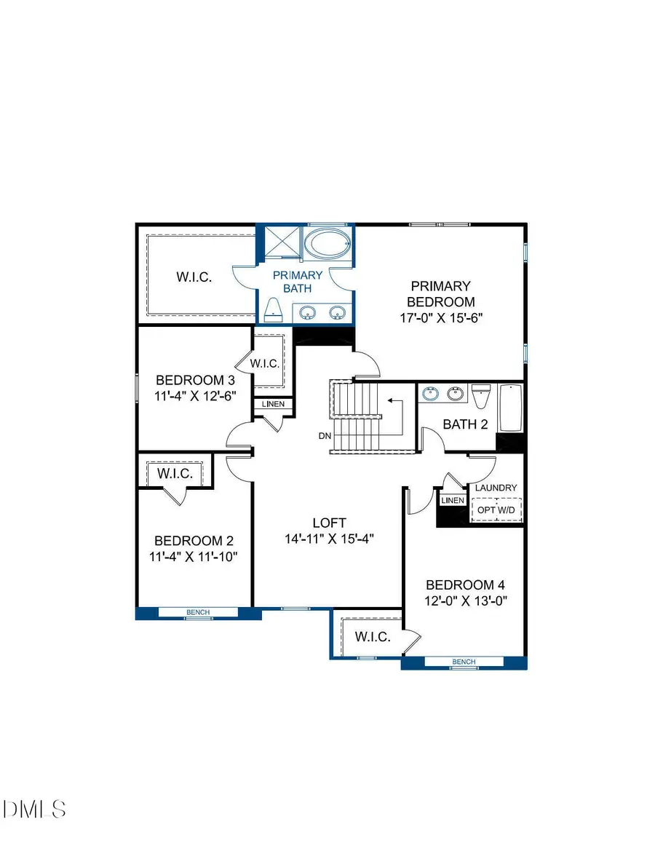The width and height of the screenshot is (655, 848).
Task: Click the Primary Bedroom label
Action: [440, 294]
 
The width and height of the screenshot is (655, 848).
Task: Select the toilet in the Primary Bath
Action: [273, 310]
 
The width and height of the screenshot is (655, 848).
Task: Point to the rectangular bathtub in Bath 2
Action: [511, 409]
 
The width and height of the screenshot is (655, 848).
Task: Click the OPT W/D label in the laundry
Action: [496, 510]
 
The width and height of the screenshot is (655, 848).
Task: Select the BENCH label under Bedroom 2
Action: [198, 613]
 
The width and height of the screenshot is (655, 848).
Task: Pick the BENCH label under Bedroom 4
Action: [464, 662]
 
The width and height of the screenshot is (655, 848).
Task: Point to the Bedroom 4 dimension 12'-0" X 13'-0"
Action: [466, 601]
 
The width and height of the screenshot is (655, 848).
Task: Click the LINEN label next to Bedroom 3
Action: [274, 404]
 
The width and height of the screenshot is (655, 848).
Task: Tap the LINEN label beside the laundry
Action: [453, 500]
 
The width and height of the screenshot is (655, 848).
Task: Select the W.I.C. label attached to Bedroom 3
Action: [264, 363]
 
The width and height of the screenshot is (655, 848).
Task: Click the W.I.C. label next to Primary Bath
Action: [194, 277]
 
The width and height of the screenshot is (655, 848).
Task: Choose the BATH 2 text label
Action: [465, 424]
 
